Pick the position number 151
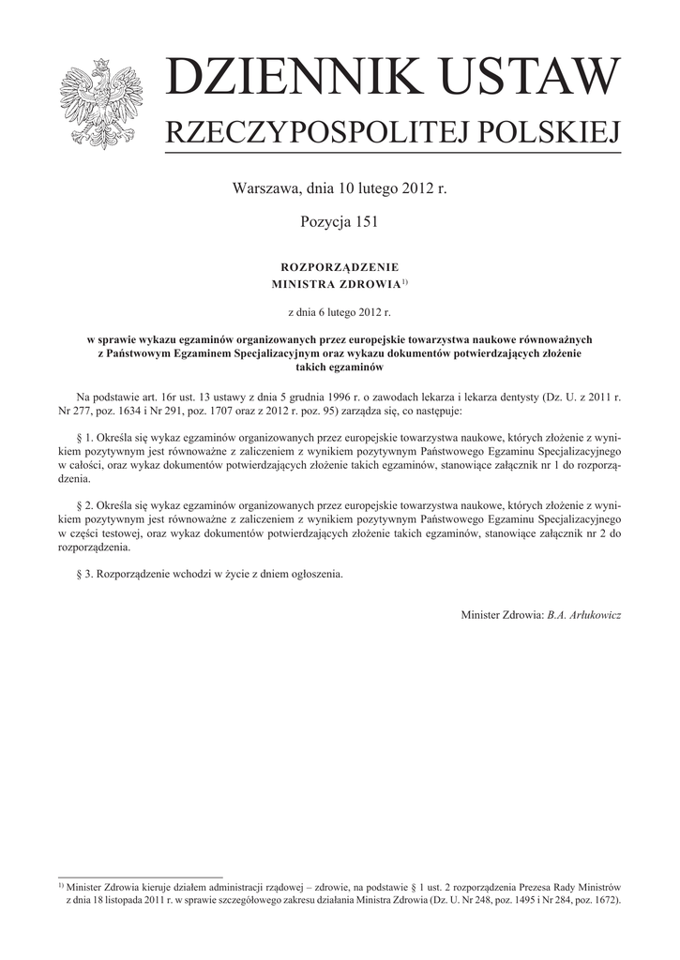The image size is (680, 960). pos(362,221)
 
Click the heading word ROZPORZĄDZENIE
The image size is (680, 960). pos(340,265)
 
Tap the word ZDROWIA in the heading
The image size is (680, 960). pos(367,283)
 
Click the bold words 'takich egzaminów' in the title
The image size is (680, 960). pos(340,367)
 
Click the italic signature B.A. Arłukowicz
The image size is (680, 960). pos(583,614)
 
